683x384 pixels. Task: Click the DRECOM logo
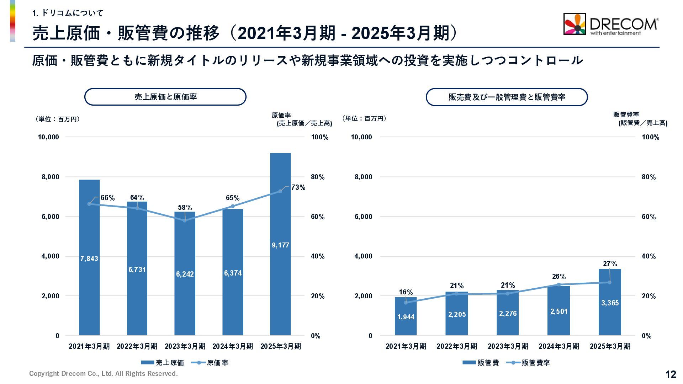[x=610, y=24]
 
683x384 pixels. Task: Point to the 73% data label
[x=298, y=187]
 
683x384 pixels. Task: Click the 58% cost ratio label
[x=185, y=207]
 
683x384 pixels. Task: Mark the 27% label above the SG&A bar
[x=610, y=263]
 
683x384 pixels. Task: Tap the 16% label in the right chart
[x=406, y=292]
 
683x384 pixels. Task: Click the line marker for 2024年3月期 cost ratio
[x=233, y=206]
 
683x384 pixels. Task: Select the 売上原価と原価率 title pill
[x=165, y=97]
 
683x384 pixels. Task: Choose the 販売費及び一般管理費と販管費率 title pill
[x=507, y=97]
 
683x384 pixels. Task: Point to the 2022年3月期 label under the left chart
[x=137, y=346]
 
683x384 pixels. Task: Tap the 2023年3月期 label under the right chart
[x=508, y=346]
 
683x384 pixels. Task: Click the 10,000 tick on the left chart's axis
[x=48, y=137]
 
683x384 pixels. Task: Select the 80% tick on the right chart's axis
[x=648, y=177]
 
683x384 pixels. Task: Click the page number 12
[x=671, y=374]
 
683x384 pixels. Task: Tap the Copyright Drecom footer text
[x=103, y=373]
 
